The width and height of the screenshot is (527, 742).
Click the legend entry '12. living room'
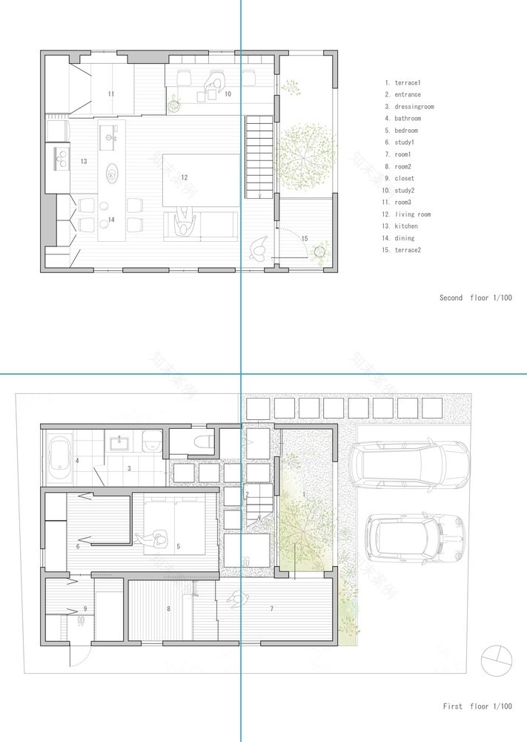(x=409, y=214)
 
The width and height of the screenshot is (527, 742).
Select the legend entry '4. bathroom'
(x=402, y=119)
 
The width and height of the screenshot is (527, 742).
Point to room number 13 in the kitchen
(x=84, y=161)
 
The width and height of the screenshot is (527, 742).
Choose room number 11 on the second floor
(x=110, y=94)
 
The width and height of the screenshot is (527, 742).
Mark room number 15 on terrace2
(x=304, y=237)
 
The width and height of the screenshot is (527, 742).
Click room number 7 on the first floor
(x=271, y=608)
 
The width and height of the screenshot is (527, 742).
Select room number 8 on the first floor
(x=169, y=608)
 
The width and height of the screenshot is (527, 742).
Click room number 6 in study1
(x=77, y=547)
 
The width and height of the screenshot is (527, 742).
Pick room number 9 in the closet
(x=86, y=608)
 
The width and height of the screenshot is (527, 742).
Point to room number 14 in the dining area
(x=110, y=220)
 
